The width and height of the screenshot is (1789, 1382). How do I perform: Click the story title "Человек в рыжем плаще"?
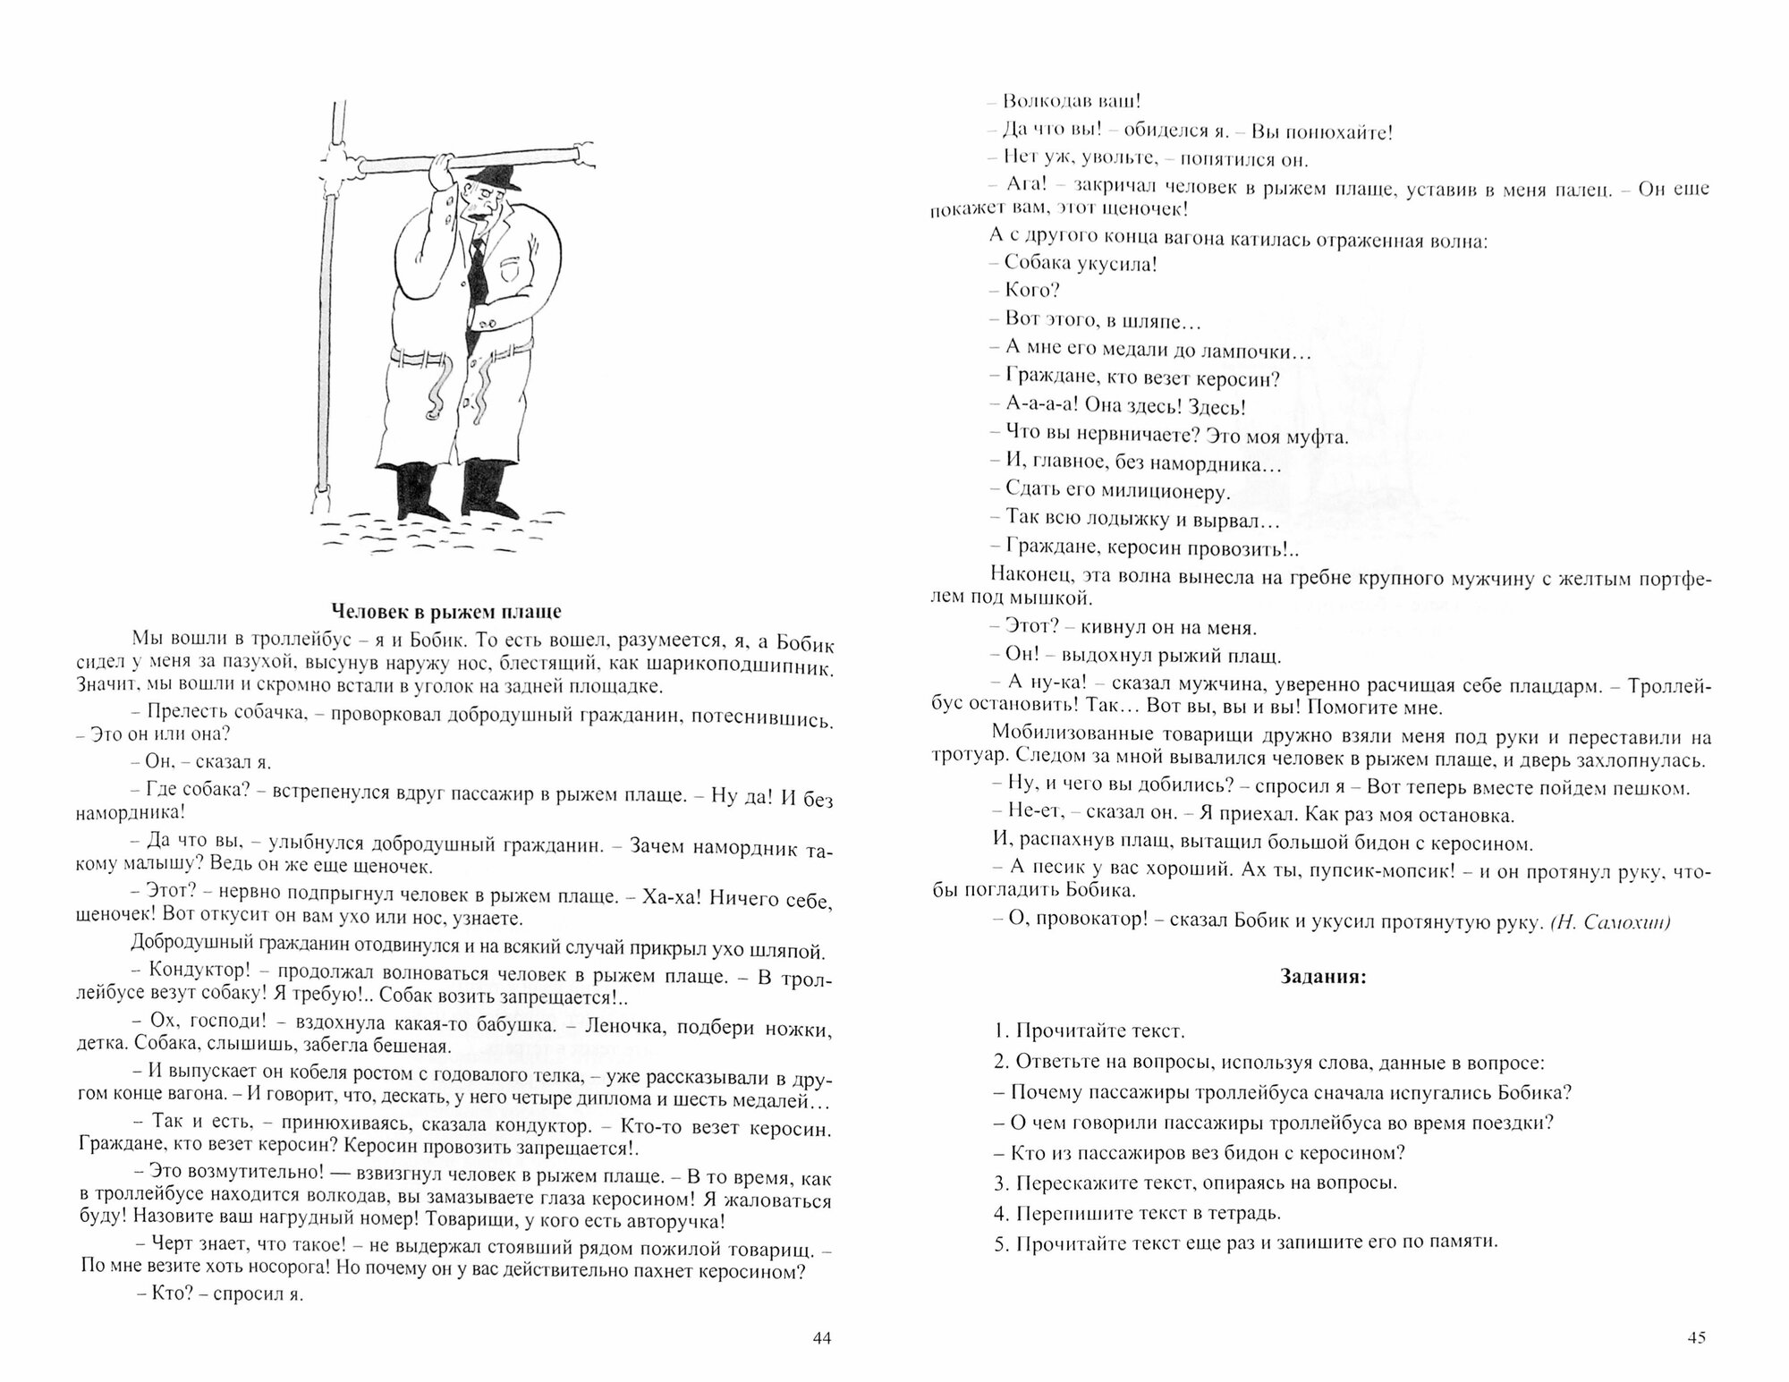(x=446, y=612)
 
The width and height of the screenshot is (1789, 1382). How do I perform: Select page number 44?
(x=822, y=1339)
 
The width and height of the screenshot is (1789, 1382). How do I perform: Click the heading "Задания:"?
(x=1324, y=977)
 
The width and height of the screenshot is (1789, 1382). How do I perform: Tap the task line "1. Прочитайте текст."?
(x=1089, y=1030)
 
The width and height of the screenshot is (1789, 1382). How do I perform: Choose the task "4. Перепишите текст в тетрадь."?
(x=1137, y=1214)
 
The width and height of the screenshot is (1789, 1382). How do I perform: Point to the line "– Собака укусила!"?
(x=1073, y=263)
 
